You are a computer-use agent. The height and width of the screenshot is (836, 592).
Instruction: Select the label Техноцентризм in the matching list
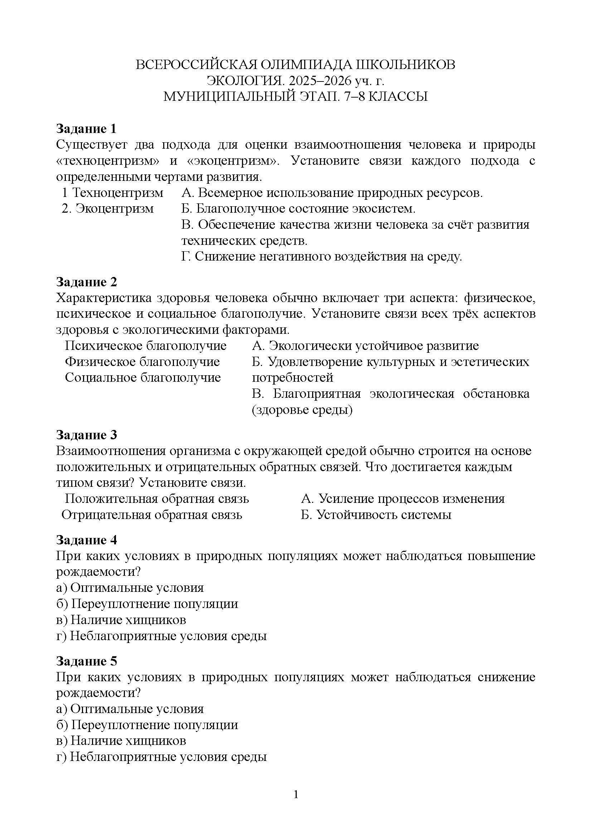click(117, 193)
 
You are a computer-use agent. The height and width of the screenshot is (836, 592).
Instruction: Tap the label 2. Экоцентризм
click(108, 209)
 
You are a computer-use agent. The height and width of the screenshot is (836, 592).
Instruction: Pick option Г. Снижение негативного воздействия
click(321, 257)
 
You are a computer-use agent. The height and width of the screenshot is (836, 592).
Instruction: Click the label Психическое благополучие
click(145, 346)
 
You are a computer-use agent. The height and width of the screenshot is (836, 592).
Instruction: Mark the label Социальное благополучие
click(143, 377)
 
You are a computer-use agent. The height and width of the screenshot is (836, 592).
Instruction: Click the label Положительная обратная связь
click(157, 499)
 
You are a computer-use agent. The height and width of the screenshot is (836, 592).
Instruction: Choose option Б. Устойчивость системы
click(376, 515)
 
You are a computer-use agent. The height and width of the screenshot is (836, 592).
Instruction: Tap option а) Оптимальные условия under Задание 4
click(130, 588)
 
